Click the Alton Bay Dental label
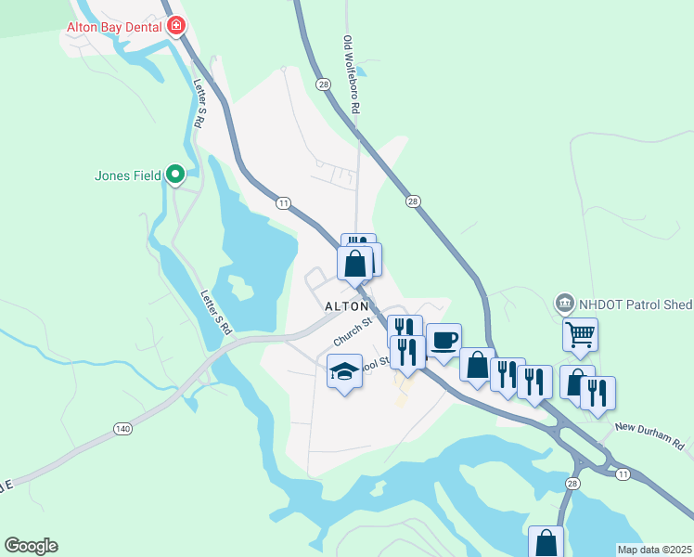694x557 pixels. pyautogui.click(x=114, y=27)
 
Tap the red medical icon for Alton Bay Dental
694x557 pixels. pyautogui.click(x=175, y=26)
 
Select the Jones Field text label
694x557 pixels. pyautogui.click(x=128, y=175)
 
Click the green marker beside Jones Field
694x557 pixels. pyautogui.click(x=174, y=174)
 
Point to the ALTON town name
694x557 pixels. pyautogui.click(x=346, y=306)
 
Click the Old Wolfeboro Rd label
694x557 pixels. pyautogui.click(x=351, y=75)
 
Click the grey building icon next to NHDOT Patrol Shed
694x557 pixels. pyautogui.click(x=564, y=303)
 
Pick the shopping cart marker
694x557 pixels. pyautogui.click(x=580, y=334)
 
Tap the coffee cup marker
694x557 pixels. pyautogui.click(x=443, y=340)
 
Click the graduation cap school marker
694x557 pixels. pyautogui.click(x=344, y=373)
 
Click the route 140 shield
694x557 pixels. pyautogui.click(x=123, y=428)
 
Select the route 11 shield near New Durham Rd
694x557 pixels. pyautogui.click(x=622, y=473)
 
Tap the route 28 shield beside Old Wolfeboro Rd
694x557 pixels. pyautogui.click(x=323, y=84)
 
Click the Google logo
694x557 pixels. pyautogui.click(x=31, y=546)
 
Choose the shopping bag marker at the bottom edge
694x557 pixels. pyautogui.click(x=546, y=542)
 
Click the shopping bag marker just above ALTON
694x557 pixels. pyautogui.click(x=354, y=264)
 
